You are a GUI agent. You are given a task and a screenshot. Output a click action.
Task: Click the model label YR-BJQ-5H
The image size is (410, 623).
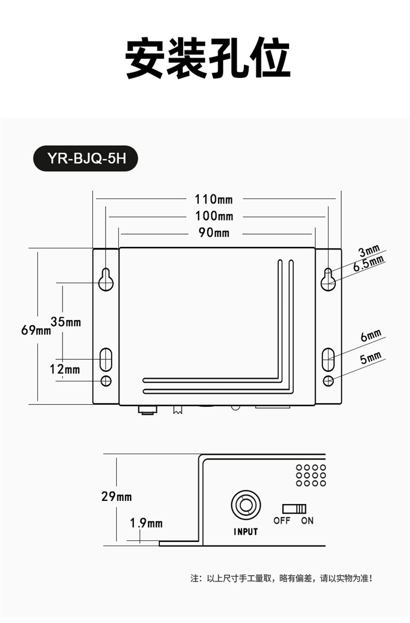pos(87,159)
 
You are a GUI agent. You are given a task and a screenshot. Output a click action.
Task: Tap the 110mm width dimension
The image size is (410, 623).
pos(214,200)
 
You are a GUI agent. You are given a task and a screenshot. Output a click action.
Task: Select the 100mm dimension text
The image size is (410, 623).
pos(214,216)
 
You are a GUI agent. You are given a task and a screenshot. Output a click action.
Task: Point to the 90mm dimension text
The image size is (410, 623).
pos(214,232)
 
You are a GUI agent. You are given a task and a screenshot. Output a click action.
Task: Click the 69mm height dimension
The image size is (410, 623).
pos(36,330)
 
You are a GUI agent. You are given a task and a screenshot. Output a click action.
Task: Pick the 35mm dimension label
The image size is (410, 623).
pos(66,322)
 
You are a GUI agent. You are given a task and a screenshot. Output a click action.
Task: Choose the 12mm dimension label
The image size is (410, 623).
pos(65,369)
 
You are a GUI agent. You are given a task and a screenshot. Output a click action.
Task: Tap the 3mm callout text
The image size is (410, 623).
pos(369,251)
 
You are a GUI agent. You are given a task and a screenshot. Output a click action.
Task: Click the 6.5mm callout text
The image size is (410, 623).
pos(368,263)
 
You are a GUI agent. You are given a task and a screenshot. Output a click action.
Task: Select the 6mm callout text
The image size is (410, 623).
pos(371,335)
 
